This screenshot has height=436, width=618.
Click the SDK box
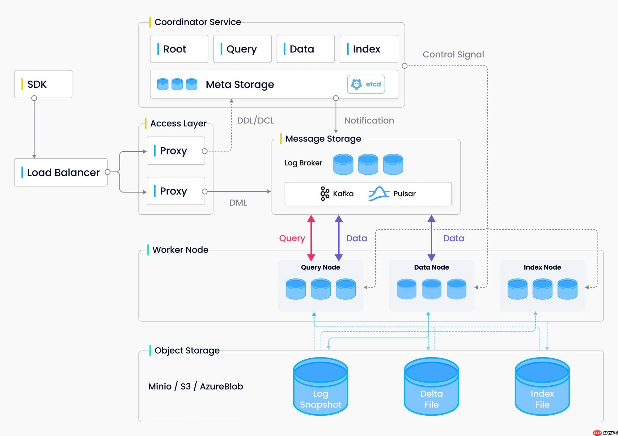pyautogui.click(x=43, y=84)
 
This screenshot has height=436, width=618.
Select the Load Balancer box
pyautogui.click(x=61, y=172)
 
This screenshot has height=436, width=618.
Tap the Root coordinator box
pyautogui.click(x=179, y=49)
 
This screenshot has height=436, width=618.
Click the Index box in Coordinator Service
pyautogui.click(x=369, y=49)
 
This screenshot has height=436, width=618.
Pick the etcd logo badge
pyautogui.click(x=366, y=84)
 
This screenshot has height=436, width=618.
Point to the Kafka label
pyautogui.click(x=343, y=194)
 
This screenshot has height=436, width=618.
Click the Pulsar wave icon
pyautogui.click(x=379, y=194)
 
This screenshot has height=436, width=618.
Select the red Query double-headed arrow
pyautogui.click(x=311, y=238)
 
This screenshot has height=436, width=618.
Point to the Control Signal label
pyautogui.click(x=453, y=54)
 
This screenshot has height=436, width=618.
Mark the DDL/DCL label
pyautogui.click(x=256, y=120)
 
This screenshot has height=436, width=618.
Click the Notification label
pyautogui.click(x=369, y=120)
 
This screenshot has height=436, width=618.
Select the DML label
pyautogui.click(x=238, y=203)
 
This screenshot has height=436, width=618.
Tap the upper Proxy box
pyautogui.click(x=176, y=151)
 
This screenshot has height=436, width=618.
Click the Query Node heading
pyautogui.click(x=320, y=267)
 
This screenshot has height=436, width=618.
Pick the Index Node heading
pyautogui.click(x=542, y=267)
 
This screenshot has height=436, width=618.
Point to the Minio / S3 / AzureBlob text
pyautogui.click(x=196, y=386)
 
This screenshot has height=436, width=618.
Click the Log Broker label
pyautogui.click(x=303, y=163)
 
